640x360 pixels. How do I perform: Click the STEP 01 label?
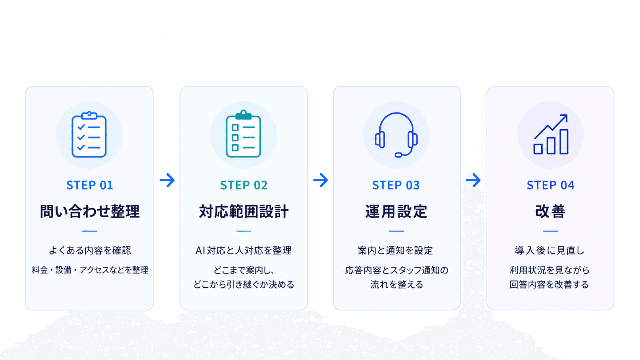coord(90,185)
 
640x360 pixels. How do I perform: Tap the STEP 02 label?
coord(244,185)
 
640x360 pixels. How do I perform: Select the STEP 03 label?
coord(396,185)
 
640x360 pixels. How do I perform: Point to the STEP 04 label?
coord(550,185)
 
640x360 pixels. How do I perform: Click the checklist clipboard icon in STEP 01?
coord(89,134)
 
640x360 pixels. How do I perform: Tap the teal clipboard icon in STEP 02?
coord(243,134)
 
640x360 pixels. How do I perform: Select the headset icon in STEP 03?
coord(396,135)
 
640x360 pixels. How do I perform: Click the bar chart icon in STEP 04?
coord(551,134)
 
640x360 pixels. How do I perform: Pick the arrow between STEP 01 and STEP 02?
coord(167,180)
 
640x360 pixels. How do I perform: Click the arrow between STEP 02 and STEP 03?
coord(320,180)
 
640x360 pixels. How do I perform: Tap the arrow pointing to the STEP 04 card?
coord(473,180)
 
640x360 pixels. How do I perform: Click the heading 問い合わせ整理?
coord(90,211)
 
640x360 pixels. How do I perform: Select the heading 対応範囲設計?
coord(244,211)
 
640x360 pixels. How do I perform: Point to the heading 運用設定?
coord(396,211)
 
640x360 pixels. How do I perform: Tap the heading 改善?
coord(550,211)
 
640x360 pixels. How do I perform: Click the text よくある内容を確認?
coord(90,250)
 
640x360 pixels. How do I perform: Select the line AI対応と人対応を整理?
coord(243,250)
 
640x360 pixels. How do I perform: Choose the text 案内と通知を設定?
coord(395,250)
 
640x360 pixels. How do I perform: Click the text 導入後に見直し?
coord(550,250)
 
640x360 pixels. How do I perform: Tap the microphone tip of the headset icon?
coord(398,155)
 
